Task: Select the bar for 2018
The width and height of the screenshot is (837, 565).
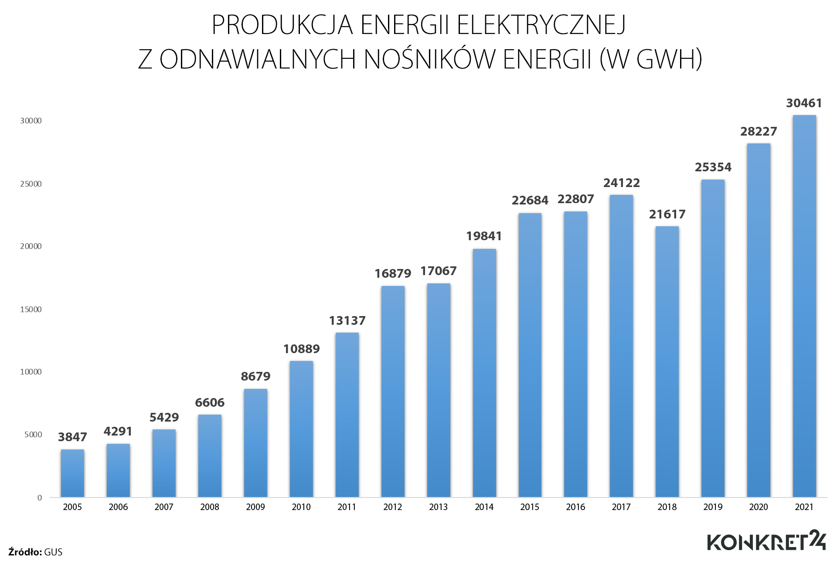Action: tap(667, 362)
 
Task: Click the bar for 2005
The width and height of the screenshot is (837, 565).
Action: tap(72, 473)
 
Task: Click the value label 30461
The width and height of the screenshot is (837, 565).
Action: tap(804, 103)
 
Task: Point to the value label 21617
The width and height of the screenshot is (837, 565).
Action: tap(667, 214)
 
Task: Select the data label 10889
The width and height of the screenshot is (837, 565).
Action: tap(301, 349)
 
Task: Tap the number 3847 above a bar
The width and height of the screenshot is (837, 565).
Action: tap(72, 437)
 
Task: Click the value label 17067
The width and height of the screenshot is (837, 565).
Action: tap(438, 271)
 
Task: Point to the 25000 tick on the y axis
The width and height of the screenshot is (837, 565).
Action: tap(31, 184)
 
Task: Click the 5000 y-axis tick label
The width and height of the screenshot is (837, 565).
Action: tap(33, 435)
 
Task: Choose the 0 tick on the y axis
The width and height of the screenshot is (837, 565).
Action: tap(40, 498)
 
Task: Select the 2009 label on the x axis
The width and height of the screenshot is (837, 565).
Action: tap(255, 507)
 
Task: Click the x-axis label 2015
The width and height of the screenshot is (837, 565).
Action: tap(530, 507)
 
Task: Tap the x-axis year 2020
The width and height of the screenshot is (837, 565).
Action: tap(759, 507)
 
